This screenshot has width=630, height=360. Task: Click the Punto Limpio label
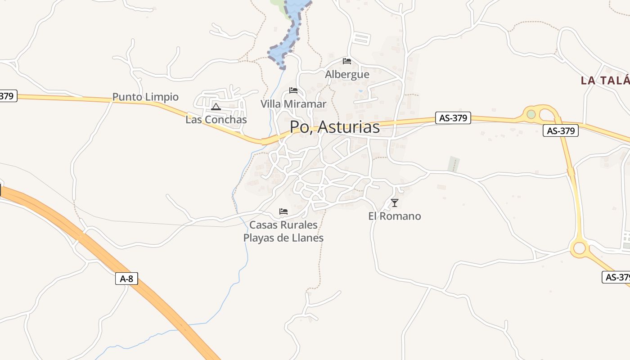click(145, 97)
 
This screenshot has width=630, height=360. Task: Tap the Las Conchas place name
click(216, 120)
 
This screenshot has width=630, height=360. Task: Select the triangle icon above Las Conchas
click(216, 107)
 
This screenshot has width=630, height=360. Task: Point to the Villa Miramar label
click(293, 104)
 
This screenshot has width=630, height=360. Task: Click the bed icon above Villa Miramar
click(293, 90)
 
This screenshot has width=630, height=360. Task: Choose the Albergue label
click(347, 74)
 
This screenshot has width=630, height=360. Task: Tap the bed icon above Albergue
click(346, 61)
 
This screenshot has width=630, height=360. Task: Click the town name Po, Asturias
click(335, 127)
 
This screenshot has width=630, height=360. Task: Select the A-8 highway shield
click(126, 279)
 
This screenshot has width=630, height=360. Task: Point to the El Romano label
click(395, 216)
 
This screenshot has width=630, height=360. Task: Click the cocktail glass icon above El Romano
click(395, 203)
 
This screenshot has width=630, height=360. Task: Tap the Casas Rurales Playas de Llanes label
click(283, 231)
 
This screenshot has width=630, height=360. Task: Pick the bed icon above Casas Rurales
click(283, 211)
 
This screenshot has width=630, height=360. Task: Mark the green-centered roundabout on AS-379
click(531, 114)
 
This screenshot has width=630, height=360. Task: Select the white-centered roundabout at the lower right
click(579, 247)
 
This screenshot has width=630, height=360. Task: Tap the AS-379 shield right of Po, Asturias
click(453, 118)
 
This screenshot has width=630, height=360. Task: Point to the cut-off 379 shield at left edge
click(8, 96)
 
